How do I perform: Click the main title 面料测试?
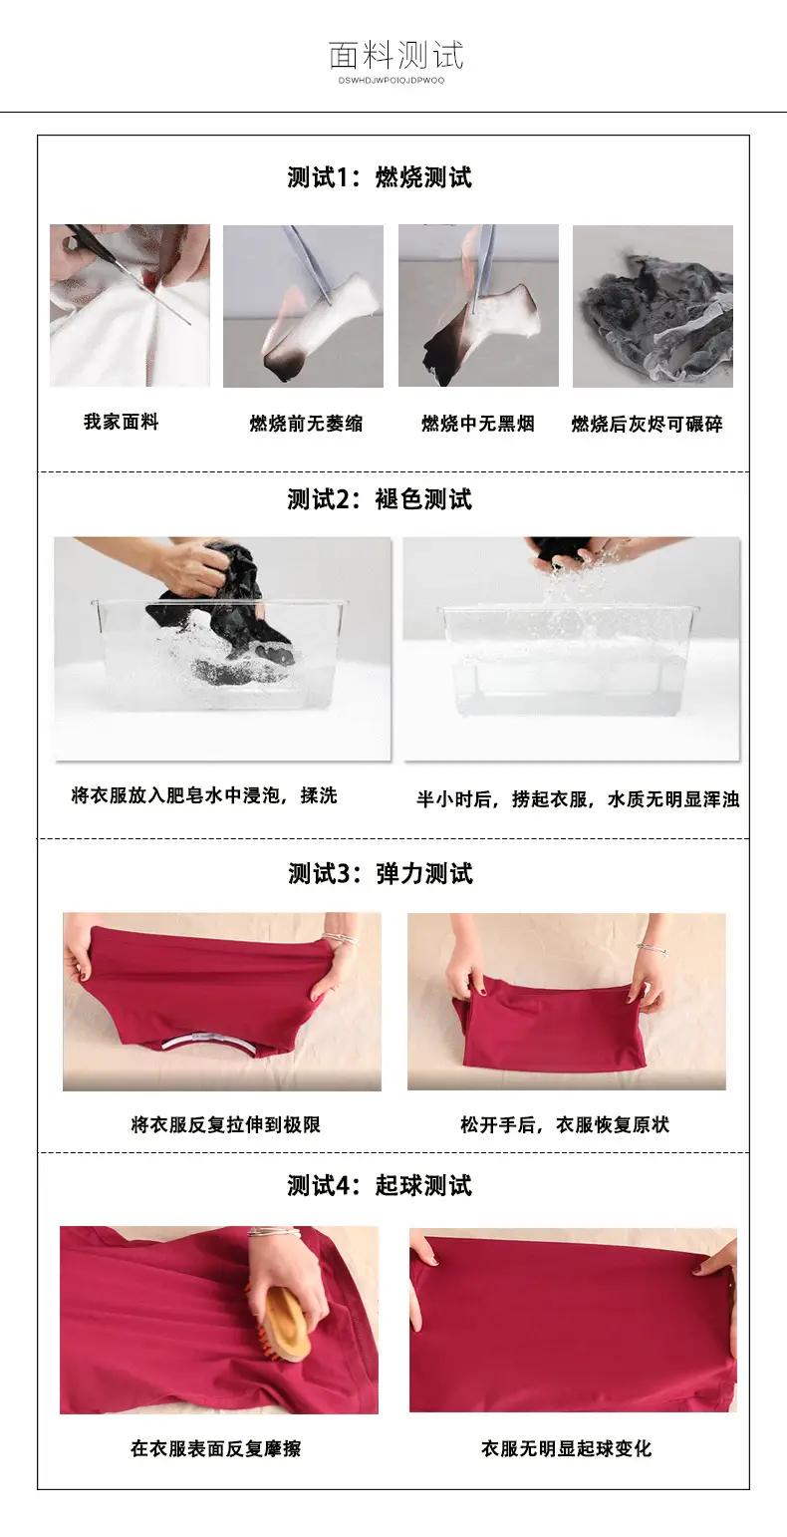pos(396,55)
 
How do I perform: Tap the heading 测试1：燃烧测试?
pos(380,177)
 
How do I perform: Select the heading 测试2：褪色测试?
pos(380,499)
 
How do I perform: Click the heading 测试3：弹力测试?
pos(381,873)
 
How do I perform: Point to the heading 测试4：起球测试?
pos(380,1185)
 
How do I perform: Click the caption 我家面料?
pos(122,422)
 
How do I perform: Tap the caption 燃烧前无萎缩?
pos(306,424)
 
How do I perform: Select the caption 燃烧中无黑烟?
pos(478,424)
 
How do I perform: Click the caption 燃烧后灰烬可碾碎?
pos(648,424)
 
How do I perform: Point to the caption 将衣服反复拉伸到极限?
pos(225,1124)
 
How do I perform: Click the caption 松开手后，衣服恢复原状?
pos(565,1124)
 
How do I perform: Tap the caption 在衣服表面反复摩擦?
pos(216,1448)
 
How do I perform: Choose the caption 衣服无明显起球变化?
pos(566,1448)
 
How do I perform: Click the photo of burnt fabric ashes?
pos(653,306)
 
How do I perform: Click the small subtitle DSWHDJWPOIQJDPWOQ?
pos(392,81)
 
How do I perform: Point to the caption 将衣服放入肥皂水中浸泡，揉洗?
pos(204,795)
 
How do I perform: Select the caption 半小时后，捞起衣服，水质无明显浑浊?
pos(578,799)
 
